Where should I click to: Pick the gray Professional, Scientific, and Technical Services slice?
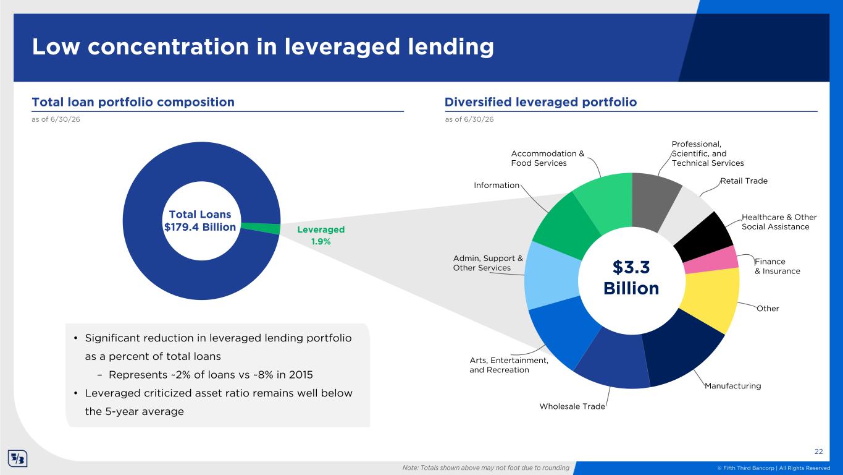[654, 200]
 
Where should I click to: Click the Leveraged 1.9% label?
[321, 235]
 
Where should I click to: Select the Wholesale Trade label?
[572, 406]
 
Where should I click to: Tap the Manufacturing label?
[732, 386]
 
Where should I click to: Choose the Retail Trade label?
[744, 181]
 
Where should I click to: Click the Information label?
[497, 185]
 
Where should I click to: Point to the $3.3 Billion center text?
[631, 278]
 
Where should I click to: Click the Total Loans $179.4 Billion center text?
[200, 221]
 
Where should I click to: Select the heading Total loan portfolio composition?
[133, 102]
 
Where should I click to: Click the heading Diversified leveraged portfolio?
[541, 102]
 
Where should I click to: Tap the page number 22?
[818, 451]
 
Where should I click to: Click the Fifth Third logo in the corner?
[17, 458]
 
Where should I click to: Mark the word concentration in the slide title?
[168, 47]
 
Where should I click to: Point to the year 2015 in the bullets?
[300, 375]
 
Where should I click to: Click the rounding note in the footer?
[485, 468]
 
